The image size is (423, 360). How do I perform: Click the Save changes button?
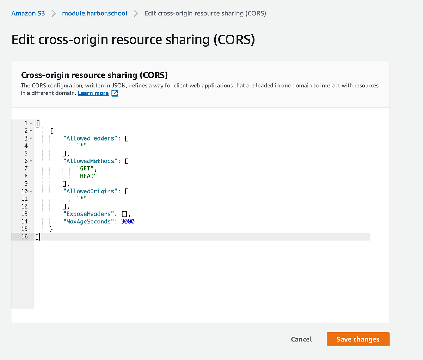(358, 339)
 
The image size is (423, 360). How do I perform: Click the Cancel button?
(301, 339)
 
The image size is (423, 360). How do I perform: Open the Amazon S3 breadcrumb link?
(28, 13)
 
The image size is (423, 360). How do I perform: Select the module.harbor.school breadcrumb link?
(94, 13)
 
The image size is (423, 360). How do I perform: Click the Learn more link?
(93, 93)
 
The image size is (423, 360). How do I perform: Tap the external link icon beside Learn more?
(115, 93)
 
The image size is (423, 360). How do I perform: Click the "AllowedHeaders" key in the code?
(90, 138)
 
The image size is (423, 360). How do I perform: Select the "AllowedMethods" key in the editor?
(90, 161)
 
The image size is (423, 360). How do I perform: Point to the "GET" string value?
(85, 168)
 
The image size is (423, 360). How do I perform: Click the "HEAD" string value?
(87, 176)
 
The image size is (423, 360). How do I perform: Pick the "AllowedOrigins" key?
(90, 191)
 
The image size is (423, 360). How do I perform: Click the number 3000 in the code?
(128, 222)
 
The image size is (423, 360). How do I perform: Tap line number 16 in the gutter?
(24, 237)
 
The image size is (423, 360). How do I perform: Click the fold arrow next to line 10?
(31, 191)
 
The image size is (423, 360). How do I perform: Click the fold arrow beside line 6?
(31, 161)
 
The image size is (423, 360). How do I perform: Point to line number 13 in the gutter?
(24, 214)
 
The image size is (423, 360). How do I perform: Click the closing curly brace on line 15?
(51, 229)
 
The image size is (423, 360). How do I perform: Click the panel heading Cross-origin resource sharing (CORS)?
(94, 75)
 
